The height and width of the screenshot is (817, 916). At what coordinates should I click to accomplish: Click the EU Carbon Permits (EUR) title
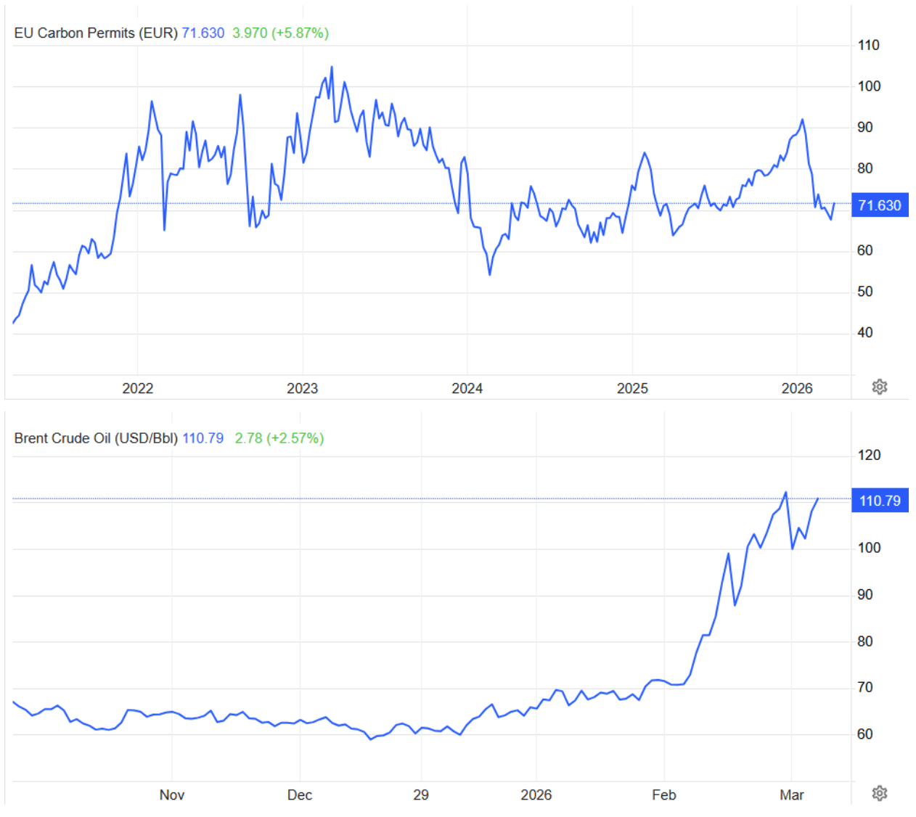pyautogui.click(x=96, y=33)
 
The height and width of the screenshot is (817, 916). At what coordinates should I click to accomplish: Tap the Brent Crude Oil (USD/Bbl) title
pyautogui.click(x=96, y=438)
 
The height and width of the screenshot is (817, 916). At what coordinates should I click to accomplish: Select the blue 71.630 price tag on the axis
pyautogui.click(x=879, y=205)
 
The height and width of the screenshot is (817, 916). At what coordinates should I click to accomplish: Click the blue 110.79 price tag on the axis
pyautogui.click(x=879, y=501)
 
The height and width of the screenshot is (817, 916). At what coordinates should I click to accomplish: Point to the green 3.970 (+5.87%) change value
pyautogui.click(x=280, y=33)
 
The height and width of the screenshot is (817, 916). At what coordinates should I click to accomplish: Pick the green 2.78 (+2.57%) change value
pyautogui.click(x=279, y=438)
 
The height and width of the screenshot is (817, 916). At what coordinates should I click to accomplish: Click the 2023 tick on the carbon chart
pyautogui.click(x=302, y=388)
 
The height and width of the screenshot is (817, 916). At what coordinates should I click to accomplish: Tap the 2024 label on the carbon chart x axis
pyautogui.click(x=467, y=388)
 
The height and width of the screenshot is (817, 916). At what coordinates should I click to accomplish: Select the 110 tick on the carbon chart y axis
pyautogui.click(x=868, y=45)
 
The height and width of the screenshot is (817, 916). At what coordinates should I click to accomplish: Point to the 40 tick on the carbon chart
pyautogui.click(x=864, y=333)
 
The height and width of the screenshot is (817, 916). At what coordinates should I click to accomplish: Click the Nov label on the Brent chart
pyautogui.click(x=171, y=795)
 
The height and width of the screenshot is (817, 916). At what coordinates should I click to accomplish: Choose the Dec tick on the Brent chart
pyautogui.click(x=299, y=795)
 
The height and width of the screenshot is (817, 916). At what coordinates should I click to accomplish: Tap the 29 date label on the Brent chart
pyautogui.click(x=421, y=795)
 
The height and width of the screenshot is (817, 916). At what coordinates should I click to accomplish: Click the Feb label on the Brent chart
pyautogui.click(x=663, y=795)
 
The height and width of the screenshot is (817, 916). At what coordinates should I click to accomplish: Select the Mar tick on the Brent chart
pyautogui.click(x=791, y=795)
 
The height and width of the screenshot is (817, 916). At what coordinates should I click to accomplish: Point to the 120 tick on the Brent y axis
pyautogui.click(x=868, y=456)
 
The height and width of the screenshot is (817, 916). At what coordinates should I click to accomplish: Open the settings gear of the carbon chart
pyautogui.click(x=879, y=387)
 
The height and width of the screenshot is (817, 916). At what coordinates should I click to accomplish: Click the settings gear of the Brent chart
pyautogui.click(x=879, y=793)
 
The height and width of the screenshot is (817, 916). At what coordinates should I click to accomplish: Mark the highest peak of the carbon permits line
pyautogui.click(x=332, y=67)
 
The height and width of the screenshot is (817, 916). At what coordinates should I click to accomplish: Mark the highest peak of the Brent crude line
pyautogui.click(x=785, y=493)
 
